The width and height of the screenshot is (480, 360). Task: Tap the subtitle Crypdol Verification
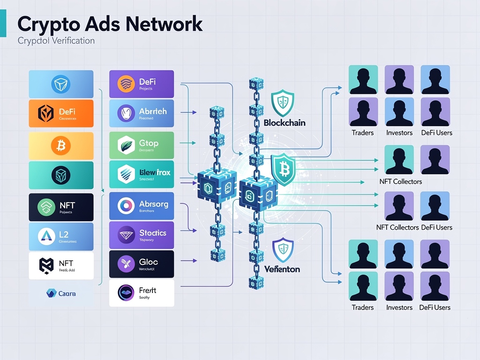coord(56,41)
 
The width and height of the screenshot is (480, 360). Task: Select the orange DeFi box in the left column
coord(61,113)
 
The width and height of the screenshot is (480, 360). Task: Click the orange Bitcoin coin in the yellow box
coord(61,146)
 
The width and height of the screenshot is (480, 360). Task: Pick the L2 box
coord(61,236)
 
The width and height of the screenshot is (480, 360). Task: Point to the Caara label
coord(61,293)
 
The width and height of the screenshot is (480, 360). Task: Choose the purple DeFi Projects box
coord(141,84)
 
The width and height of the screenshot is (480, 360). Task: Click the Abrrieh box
coord(141,113)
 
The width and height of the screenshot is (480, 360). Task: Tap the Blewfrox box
coord(141,174)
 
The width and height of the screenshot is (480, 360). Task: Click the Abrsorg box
coord(141,206)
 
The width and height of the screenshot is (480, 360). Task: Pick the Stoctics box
coord(141,235)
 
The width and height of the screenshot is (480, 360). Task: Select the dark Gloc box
coord(141,264)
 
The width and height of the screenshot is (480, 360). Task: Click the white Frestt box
coord(141,293)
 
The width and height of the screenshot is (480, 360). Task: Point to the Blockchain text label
coord(285,123)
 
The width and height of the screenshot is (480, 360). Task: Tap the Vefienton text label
coord(282,269)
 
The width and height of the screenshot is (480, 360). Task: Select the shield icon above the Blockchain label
coord(283,103)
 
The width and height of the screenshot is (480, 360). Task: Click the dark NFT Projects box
coord(61,207)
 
